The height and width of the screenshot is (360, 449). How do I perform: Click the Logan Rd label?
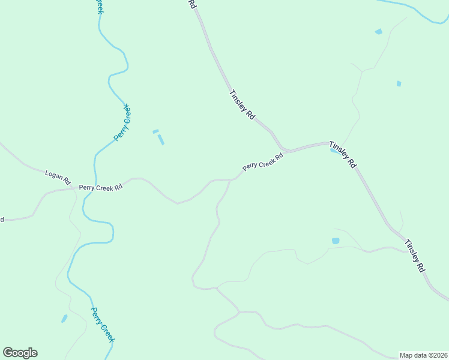58,177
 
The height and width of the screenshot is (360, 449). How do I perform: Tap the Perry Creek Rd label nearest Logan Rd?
101,187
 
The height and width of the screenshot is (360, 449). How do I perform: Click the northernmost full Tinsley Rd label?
243,105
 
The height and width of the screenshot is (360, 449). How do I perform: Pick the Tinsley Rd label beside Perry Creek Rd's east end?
342,155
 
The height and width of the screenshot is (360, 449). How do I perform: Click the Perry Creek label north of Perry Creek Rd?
122,122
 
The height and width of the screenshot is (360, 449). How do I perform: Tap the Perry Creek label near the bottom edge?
102,325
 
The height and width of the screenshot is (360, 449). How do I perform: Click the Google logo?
20,353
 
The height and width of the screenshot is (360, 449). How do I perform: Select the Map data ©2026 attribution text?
423,355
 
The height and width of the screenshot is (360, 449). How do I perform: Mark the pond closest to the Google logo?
64,319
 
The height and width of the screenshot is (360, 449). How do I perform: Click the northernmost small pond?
378,31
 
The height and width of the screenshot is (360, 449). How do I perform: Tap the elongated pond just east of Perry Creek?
160,139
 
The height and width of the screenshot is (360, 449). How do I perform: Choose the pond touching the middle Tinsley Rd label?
333,150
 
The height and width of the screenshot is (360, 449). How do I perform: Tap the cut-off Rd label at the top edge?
192,4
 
